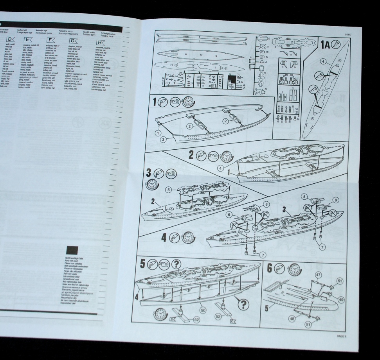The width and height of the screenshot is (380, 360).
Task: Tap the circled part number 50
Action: point(203,309)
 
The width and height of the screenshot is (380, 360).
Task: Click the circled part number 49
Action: point(341,300)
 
